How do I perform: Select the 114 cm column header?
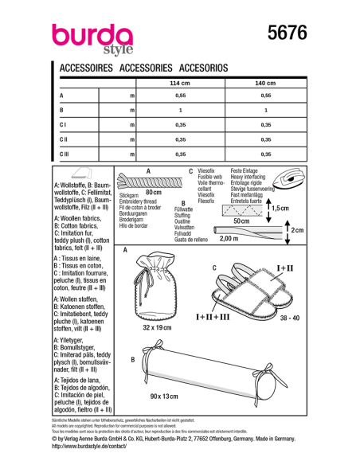180,83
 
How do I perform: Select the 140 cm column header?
266,83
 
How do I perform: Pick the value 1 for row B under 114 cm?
180,109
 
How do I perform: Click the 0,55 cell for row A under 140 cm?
266,95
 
